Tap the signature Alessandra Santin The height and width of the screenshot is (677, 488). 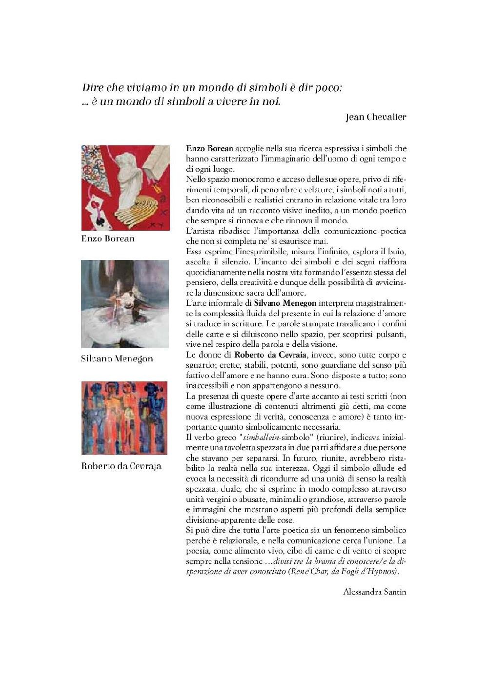374,592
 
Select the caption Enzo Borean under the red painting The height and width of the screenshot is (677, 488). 108,239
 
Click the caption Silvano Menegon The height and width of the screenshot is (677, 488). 117,358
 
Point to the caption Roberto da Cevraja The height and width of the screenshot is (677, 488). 121,466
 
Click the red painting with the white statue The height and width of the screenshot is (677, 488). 125,188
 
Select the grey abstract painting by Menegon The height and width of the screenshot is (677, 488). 125,304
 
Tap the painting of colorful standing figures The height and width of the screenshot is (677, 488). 124,418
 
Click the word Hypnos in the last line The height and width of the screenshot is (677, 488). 385,572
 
